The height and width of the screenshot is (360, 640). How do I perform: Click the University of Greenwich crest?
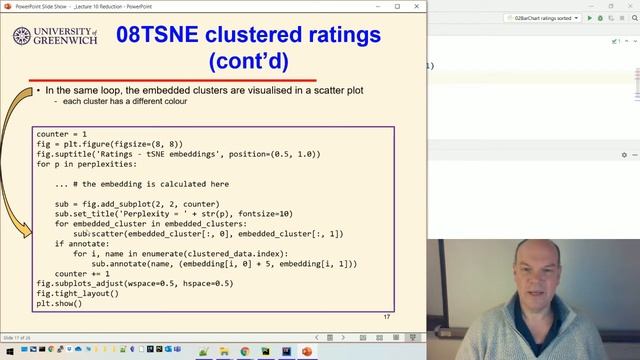pos(21,37)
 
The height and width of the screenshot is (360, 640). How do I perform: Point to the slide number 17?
pos(387,316)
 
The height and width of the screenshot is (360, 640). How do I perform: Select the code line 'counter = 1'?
pos(62,134)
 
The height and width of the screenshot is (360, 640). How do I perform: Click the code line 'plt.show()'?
pos(58,303)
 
